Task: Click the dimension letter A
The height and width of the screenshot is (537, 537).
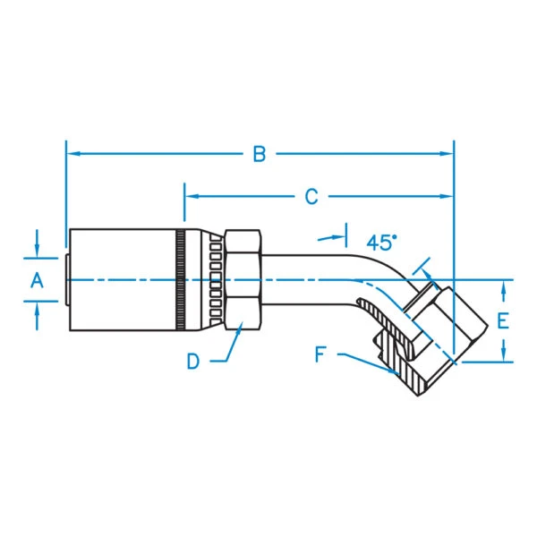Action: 37,281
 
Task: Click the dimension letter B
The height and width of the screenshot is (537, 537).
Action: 260,155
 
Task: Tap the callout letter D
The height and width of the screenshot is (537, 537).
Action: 193,362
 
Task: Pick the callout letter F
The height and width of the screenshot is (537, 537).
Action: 320,354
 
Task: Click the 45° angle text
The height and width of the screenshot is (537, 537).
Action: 380,243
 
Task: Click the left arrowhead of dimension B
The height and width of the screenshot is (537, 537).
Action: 72,154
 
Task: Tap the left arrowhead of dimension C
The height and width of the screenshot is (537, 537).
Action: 190,196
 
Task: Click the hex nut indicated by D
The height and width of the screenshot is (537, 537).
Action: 242,279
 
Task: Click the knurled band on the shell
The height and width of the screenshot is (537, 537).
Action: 182,279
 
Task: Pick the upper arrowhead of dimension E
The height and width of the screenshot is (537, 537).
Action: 503,286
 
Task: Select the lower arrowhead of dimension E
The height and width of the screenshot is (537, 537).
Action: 503,356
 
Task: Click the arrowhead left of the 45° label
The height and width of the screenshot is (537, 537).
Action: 340,239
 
